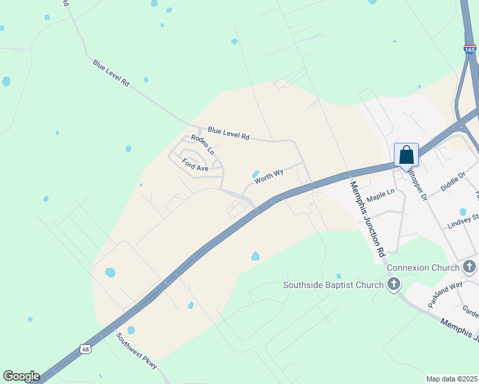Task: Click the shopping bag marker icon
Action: click(x=406, y=155)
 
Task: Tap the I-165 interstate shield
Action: click(x=471, y=49)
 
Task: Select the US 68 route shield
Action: click(x=86, y=349)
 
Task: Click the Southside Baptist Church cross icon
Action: click(x=393, y=284)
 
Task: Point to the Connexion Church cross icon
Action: click(x=469, y=267)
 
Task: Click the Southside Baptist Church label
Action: click(x=334, y=284)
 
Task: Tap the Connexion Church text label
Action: click(x=423, y=267)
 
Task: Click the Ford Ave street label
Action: click(x=195, y=165)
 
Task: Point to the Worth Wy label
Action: click(x=269, y=176)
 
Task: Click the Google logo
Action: click(x=21, y=376)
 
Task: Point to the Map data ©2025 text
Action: click(x=451, y=379)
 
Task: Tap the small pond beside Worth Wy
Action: click(x=256, y=174)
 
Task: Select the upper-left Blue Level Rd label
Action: click(x=111, y=74)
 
